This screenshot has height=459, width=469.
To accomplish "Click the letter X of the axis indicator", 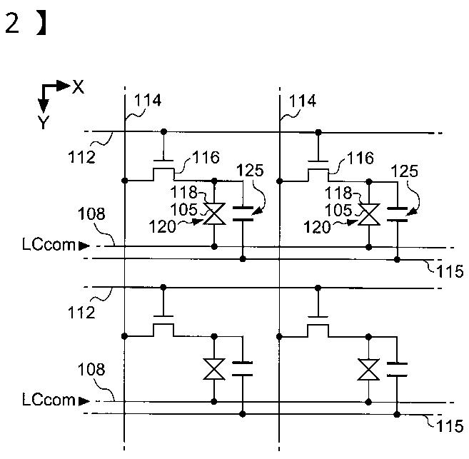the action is point(79,87).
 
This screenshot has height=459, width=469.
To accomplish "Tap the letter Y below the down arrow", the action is point(44,122).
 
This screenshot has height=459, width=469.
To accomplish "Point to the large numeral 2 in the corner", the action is point(12,23).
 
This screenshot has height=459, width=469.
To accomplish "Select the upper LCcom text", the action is point(49,245).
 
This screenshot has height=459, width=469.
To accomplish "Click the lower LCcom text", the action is point(49,400).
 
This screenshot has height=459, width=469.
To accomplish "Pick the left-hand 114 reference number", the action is point(148,100).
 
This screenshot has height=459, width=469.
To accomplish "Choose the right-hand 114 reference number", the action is point(302,101).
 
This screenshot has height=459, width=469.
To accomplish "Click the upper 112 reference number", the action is point(81,157).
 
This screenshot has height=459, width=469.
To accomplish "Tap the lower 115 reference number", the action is point(450,426).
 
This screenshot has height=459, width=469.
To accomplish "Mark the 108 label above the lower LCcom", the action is point(91,370).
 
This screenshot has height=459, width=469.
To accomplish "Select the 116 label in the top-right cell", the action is point(360,158).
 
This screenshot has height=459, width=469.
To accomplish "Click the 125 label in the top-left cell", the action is point(250,171).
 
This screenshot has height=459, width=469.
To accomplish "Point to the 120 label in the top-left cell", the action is point(163,227).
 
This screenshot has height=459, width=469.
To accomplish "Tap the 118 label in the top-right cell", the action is point(338,193).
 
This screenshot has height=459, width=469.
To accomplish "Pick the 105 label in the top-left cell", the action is point(184,210).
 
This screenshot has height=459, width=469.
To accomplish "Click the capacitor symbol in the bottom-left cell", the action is point(242,368).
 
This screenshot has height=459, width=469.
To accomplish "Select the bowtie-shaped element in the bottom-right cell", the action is point(368,370).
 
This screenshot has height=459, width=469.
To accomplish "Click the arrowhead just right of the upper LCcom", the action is point(84,246).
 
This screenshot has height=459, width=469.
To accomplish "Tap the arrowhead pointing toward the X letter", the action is point(64,86).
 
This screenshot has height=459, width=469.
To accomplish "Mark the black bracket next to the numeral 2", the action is point(41,24).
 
